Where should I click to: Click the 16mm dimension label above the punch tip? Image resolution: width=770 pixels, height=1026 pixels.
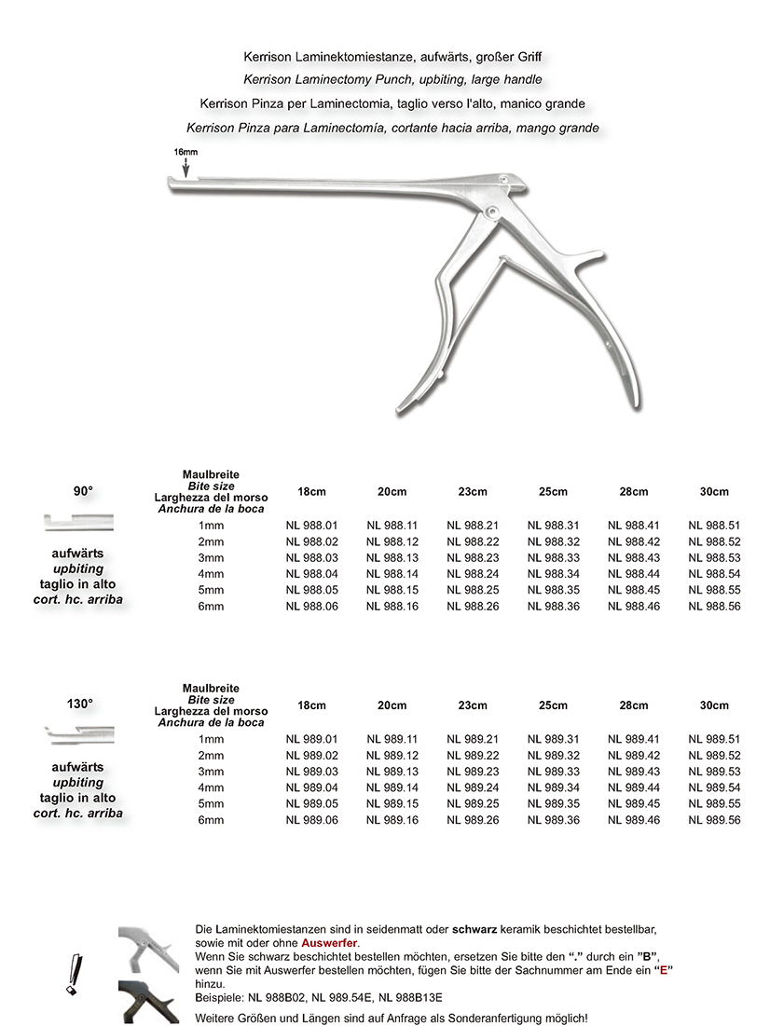tap(185, 151)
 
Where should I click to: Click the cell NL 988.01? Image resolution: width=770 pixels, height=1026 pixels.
tap(311, 526)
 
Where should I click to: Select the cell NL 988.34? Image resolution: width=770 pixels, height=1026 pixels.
tap(553, 574)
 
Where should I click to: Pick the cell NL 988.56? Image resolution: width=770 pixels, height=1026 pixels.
tap(714, 607)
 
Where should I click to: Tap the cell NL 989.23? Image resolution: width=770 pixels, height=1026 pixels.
tap(473, 772)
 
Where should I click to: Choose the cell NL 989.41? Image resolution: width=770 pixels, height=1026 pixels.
tap(634, 739)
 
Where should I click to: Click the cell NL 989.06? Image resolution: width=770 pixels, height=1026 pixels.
tap(311, 820)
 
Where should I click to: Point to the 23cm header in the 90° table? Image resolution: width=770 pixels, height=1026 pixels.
tap(473, 491)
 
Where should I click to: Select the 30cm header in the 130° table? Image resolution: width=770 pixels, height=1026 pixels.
tap(714, 705)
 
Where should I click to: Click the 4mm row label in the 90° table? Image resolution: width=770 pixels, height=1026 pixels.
tap(211, 574)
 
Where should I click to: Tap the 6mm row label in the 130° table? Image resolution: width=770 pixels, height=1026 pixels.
tap(211, 820)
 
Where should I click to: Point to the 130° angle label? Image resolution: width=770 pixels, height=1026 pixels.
tap(80, 704)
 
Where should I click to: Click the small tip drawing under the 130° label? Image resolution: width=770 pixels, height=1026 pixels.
tap(80, 737)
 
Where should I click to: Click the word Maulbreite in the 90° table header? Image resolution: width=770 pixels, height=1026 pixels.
tap(211, 475)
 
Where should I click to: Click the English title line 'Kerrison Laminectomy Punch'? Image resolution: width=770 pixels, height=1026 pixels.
tap(392, 80)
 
